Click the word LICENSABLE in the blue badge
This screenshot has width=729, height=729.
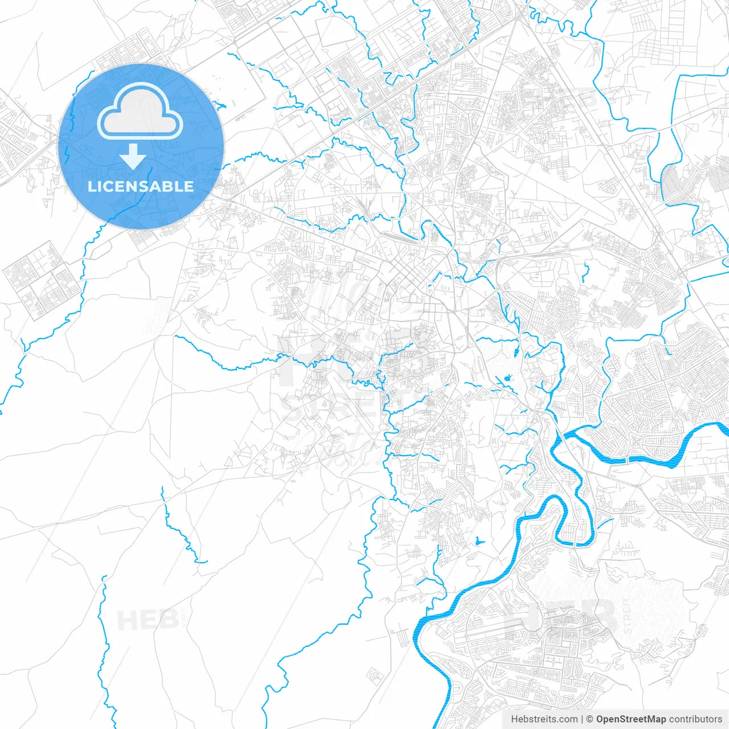tap(141, 186)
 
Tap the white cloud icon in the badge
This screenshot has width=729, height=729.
tap(140, 112)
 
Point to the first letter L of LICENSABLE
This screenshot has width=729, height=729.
tap(92, 186)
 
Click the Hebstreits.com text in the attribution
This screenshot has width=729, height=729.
tap(544, 719)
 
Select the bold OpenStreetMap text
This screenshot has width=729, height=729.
tap(630, 719)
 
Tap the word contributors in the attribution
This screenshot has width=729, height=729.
tap(695, 719)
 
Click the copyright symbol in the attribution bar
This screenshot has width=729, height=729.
tap(589, 719)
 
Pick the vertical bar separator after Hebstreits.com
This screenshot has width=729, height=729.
tap(581, 719)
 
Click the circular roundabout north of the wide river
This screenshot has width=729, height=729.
tap(637, 441)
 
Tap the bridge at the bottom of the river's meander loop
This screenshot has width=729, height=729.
tap(575, 544)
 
